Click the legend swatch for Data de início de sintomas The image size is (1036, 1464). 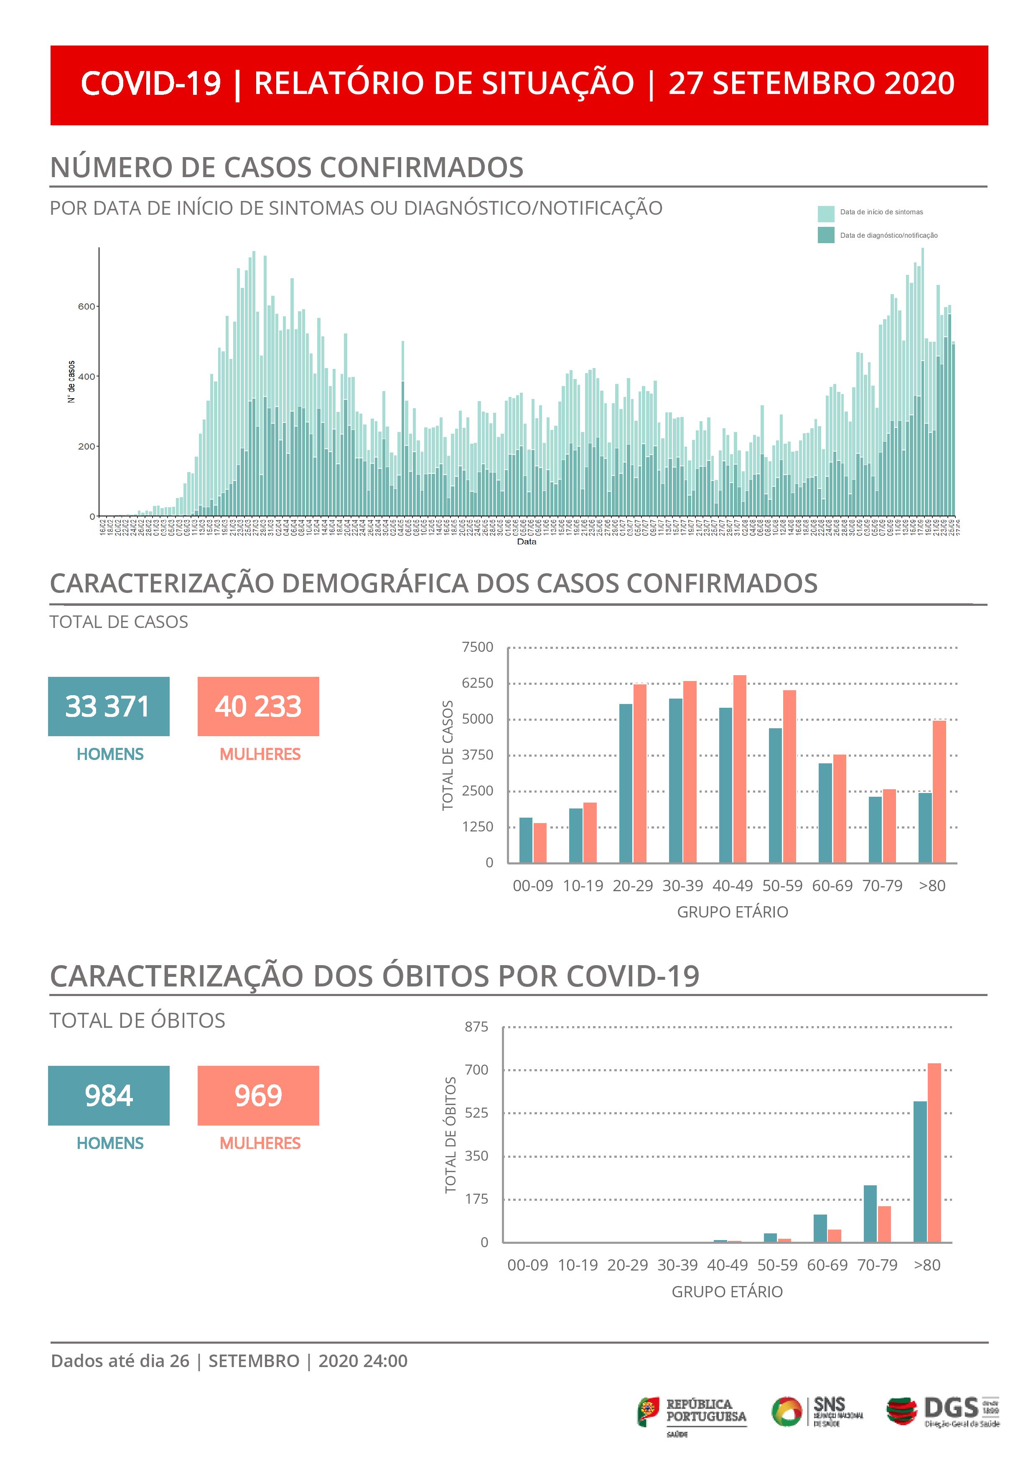(x=825, y=213)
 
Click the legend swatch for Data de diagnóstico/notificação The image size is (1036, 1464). (x=825, y=235)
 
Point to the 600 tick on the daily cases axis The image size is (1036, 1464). (x=86, y=307)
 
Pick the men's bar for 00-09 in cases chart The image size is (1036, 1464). (x=526, y=840)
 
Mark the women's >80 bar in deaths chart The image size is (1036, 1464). (x=934, y=1152)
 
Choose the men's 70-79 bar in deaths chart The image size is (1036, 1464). (x=870, y=1213)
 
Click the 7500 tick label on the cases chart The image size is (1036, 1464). (x=477, y=647)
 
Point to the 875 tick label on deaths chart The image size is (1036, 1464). (x=476, y=1027)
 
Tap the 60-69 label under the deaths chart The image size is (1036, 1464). (x=827, y=1265)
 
